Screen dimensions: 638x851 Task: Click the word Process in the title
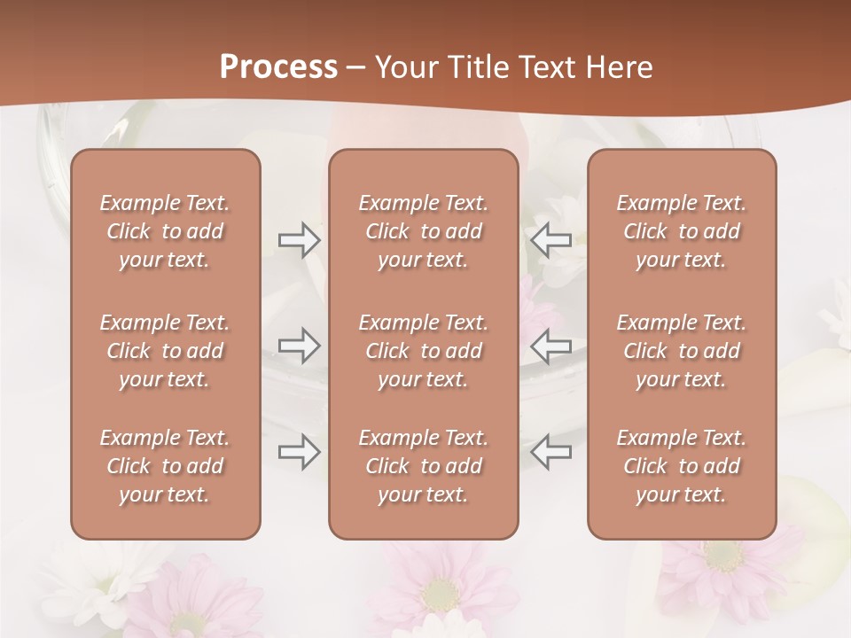point(278,67)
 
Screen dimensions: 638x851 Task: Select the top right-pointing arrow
point(299,240)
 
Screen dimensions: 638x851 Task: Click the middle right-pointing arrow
point(299,346)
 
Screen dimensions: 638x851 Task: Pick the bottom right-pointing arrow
point(299,451)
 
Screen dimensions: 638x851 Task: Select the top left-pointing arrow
point(550,240)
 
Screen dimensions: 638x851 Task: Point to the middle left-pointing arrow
point(550,346)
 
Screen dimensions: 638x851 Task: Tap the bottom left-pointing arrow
point(550,451)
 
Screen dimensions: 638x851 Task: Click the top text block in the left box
point(165,231)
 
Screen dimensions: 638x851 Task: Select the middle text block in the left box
point(165,351)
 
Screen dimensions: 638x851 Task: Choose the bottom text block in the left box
point(165,466)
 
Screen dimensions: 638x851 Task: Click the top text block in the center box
point(424,231)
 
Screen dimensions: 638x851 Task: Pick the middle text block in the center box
point(424,351)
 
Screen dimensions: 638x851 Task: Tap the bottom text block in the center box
point(424,466)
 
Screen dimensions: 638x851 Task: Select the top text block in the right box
point(682,231)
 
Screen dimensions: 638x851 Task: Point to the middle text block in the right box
point(682,351)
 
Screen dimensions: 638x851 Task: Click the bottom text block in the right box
point(682,466)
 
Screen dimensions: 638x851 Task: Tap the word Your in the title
point(404,67)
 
